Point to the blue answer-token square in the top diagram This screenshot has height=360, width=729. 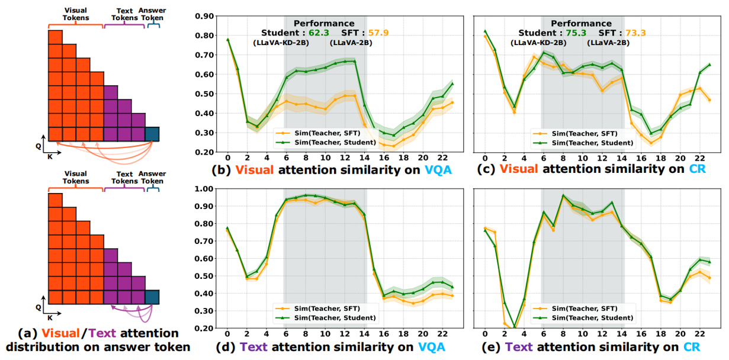(152, 134)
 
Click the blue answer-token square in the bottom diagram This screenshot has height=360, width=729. (152, 297)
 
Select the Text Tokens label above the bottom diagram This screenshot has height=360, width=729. (124, 178)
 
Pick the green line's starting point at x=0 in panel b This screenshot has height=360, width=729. (227, 39)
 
